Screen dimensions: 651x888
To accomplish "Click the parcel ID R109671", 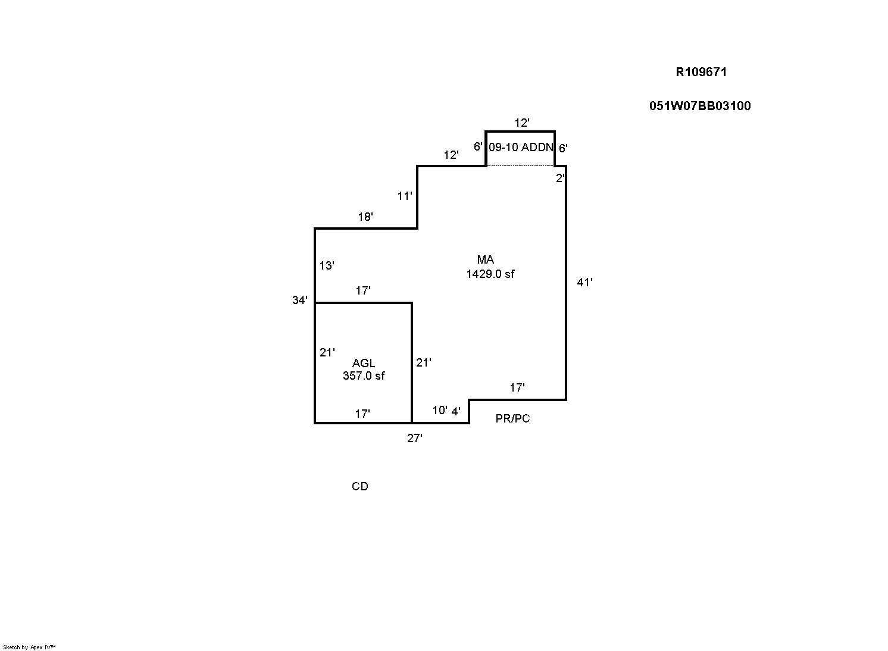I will pos(701,72).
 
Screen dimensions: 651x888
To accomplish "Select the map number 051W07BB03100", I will pos(700,106).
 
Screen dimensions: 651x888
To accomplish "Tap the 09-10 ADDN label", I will pos(521,147).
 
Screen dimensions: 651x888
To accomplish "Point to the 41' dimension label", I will pos(584,283).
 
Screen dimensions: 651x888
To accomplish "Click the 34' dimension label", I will pos(300,301).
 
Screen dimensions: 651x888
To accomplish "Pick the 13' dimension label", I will pos(327,266).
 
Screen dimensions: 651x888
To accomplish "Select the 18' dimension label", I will pos(365,217).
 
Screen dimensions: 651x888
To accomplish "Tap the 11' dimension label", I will pos(405,196).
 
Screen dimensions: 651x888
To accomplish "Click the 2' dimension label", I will pos(560,178).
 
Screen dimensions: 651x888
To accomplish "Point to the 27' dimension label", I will pos(415,439).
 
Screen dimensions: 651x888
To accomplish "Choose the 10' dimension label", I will pos(440,411).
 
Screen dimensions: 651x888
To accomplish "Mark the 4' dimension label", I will pos(456,411).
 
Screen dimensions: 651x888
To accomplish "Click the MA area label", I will pos(486,260).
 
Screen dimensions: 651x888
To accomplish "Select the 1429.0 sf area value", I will pos(490,274).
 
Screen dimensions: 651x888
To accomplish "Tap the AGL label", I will pos(364,363).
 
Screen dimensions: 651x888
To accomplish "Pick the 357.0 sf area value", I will pos(364,375).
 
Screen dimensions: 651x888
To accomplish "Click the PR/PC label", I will pos(512,419).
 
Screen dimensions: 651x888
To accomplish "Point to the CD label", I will pos(360,487).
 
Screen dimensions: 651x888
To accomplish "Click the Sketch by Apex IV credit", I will pos(29,647).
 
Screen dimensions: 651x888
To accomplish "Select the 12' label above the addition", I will pos(522,123).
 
